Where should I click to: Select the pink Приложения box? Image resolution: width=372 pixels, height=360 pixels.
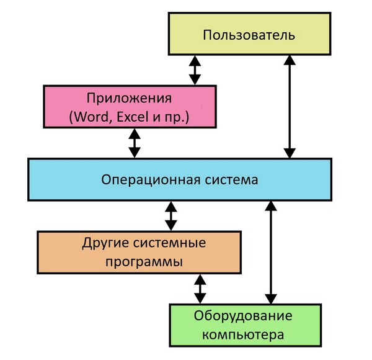click(x=130, y=106)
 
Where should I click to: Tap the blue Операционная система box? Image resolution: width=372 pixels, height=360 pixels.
click(x=179, y=180)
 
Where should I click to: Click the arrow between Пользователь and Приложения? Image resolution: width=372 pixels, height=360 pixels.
click(x=195, y=70)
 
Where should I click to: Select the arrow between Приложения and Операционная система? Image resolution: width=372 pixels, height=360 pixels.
click(x=133, y=143)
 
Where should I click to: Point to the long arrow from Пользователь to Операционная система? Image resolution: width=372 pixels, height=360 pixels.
click(x=289, y=106)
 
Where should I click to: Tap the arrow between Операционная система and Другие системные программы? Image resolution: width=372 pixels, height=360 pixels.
click(x=171, y=215)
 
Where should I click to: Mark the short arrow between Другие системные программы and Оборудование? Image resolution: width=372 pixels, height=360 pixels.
click(x=200, y=288)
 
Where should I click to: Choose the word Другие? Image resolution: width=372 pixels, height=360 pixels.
click(x=103, y=241)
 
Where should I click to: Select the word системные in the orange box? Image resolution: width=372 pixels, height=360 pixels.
click(x=166, y=241)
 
